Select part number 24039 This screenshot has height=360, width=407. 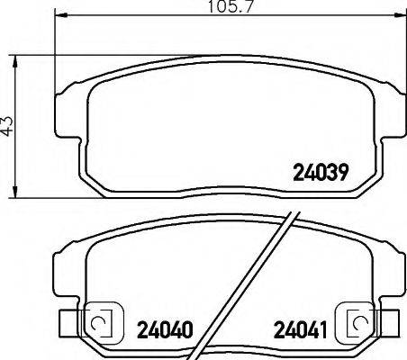click(321, 171)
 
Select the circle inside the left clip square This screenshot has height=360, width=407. click(102, 322)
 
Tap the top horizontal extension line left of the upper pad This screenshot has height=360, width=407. click(36, 56)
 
